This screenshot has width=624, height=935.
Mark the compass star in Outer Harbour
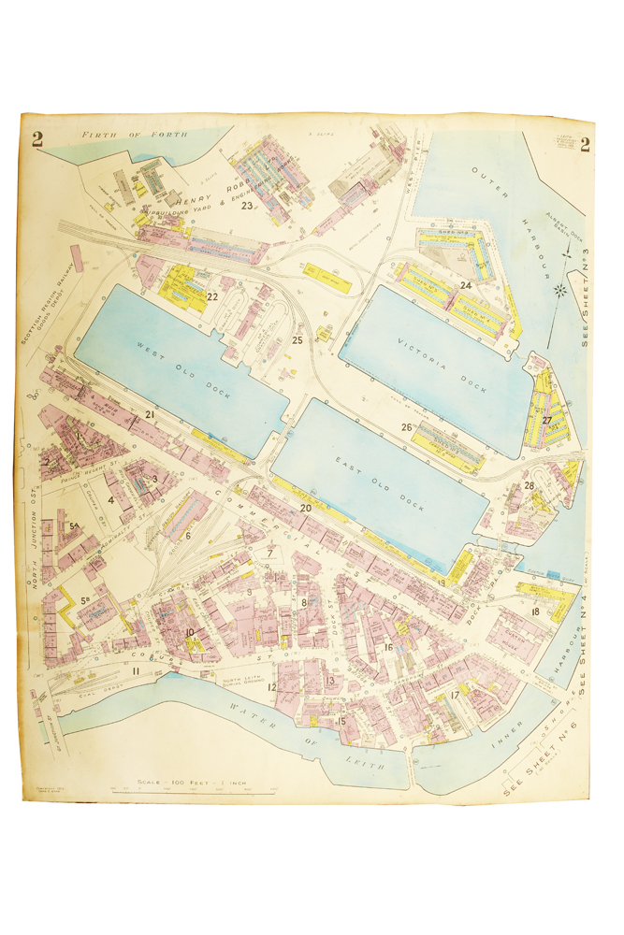tap(561, 289)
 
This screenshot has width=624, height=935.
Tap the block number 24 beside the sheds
tap(465, 284)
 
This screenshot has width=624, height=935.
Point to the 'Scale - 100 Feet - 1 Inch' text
tap(190, 780)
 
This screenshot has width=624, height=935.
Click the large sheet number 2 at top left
tap(38, 141)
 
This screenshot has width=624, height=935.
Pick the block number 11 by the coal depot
tap(136, 671)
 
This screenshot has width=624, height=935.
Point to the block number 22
tap(212, 296)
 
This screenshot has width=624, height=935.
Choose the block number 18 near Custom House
tap(535, 611)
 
